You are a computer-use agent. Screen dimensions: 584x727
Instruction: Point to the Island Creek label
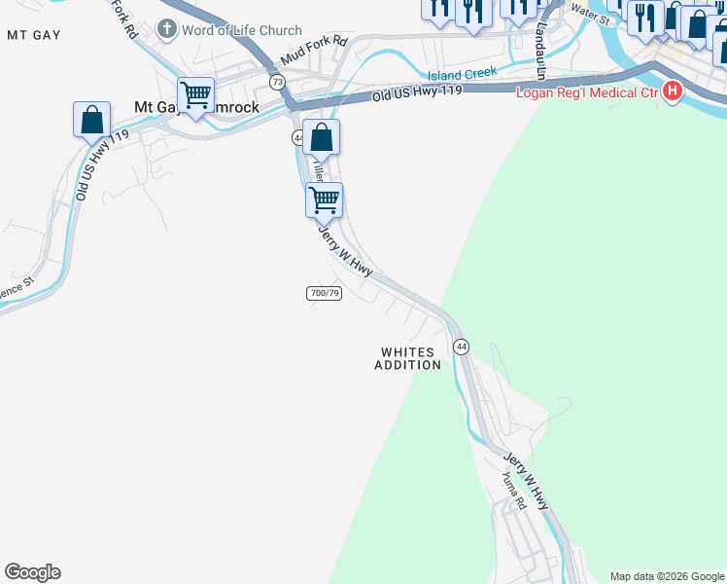click(463, 73)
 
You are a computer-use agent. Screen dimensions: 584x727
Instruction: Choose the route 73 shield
click(277, 82)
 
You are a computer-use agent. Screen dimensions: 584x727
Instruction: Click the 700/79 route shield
click(324, 293)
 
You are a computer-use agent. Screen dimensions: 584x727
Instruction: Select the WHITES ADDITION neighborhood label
click(408, 358)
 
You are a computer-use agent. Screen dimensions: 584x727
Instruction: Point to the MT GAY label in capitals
click(34, 35)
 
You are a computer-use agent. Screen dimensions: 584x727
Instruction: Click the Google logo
click(32, 572)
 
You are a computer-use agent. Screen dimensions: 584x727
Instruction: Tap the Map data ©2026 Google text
click(667, 576)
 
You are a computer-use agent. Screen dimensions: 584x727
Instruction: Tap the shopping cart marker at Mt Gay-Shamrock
click(196, 96)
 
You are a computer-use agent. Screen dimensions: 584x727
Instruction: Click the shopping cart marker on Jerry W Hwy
click(324, 201)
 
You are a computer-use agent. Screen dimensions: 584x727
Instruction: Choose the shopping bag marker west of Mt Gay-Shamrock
click(91, 121)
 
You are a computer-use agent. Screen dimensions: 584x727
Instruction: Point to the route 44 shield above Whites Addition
click(461, 347)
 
